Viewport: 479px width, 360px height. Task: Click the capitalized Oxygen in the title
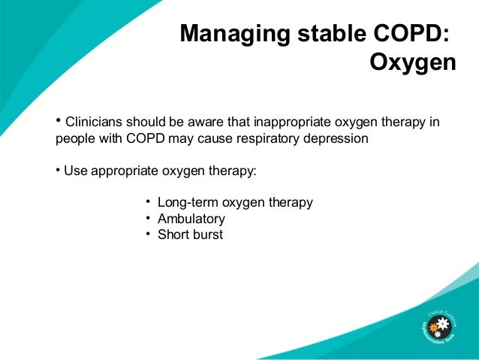pos(412,64)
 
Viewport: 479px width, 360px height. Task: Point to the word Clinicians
pos(95,122)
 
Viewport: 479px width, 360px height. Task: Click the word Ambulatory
pos(191,219)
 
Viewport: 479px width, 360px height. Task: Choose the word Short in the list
pos(173,234)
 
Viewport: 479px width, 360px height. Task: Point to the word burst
pos(208,234)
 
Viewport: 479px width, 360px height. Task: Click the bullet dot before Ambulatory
pos(148,218)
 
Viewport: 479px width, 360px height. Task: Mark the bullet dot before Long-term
pos(148,201)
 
